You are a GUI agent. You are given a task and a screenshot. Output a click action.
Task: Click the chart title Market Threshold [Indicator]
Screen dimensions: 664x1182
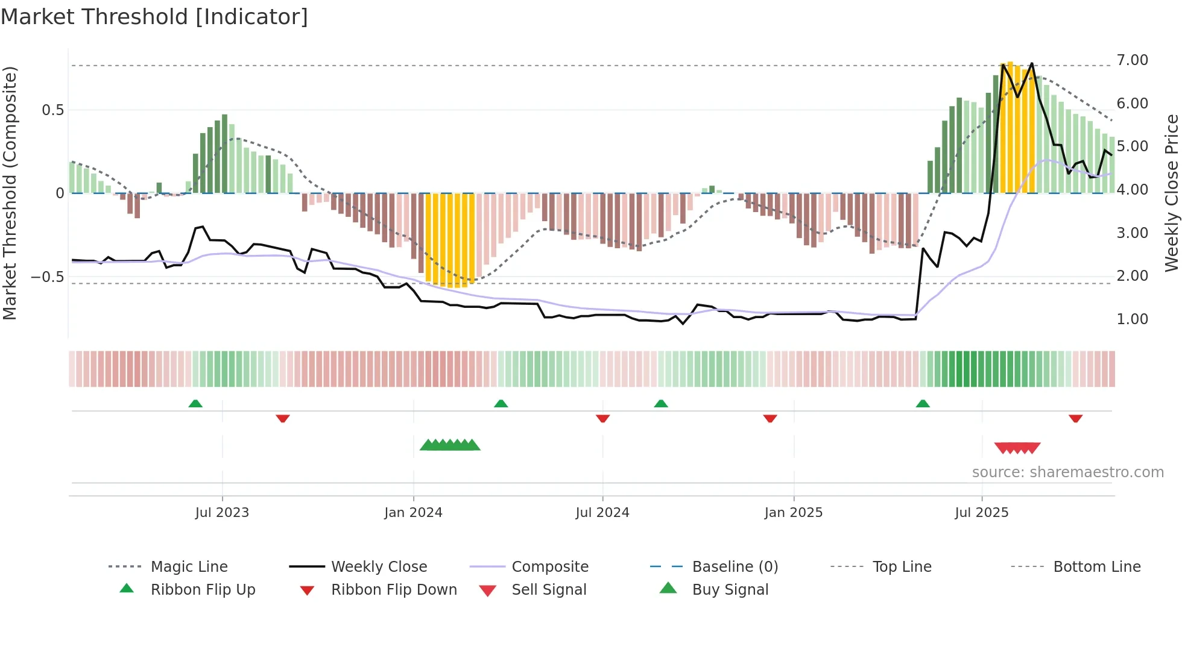coord(154,17)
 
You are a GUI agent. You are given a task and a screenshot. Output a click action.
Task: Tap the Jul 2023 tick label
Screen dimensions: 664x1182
coord(222,512)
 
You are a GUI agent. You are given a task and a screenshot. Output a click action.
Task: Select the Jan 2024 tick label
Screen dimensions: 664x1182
coord(413,512)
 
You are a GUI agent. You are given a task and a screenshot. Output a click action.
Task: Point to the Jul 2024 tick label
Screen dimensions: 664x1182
coord(602,512)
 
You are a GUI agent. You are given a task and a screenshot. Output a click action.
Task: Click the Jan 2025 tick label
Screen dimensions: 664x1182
coord(793,512)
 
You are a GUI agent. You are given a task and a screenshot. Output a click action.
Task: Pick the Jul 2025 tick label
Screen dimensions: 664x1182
coord(981,512)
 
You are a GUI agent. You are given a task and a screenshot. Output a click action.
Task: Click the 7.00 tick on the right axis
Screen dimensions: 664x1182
coord(1132,60)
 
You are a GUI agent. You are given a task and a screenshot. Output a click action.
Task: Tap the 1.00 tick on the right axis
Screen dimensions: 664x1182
coord(1132,319)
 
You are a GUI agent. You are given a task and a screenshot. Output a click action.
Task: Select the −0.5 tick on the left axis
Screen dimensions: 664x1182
coord(47,277)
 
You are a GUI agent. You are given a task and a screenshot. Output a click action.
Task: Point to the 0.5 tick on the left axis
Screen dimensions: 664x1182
coord(52,110)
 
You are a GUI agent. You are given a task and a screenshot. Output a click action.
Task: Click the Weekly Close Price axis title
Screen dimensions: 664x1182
coord(1171,193)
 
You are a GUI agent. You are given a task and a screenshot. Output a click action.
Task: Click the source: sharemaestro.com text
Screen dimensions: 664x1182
coord(1067,472)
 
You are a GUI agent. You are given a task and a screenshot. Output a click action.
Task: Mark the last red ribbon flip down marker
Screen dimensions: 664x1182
coord(1075,418)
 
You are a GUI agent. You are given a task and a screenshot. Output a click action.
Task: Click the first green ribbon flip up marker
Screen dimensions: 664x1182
coord(195,404)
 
